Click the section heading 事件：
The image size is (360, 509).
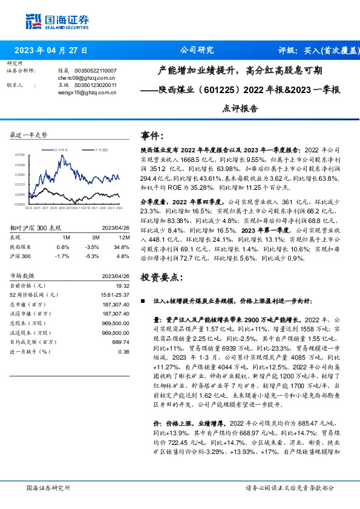pyautogui.click(x=151, y=135)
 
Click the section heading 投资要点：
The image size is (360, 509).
pyautogui.click(x=160, y=277)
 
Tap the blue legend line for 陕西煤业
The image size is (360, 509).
pyautogui.click(x=47, y=148)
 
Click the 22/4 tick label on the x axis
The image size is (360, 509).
pyautogui.click(x=28, y=207)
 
